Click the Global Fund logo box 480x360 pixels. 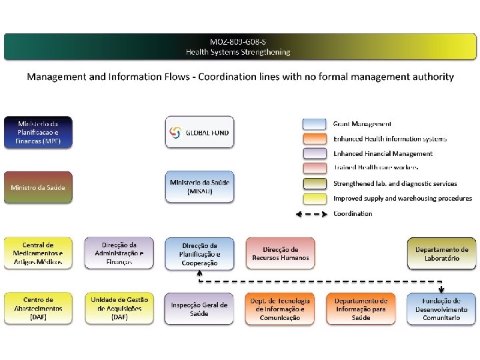coord(200,132)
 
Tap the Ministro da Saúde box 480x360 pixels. coord(38,187)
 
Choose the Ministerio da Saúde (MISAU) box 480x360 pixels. coord(200,187)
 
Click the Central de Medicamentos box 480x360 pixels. coord(38,253)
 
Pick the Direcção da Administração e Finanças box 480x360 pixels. coord(119,253)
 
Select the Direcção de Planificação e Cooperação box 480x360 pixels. coord(200,254)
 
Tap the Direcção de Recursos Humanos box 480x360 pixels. coord(280,253)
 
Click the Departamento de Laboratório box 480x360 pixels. coord(442,253)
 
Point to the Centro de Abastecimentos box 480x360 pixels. coord(38,309)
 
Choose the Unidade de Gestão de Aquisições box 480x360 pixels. coord(119,309)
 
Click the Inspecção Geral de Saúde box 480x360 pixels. coord(200,309)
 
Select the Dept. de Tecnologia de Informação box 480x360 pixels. coord(280,309)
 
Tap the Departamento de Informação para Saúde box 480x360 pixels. coord(361,309)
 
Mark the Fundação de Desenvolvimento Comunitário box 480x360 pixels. coord(442,309)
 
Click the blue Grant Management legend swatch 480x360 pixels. coord(314,124)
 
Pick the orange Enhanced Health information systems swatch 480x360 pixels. coord(314,139)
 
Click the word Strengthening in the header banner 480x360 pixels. coord(261,52)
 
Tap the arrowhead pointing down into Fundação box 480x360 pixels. coord(441,289)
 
